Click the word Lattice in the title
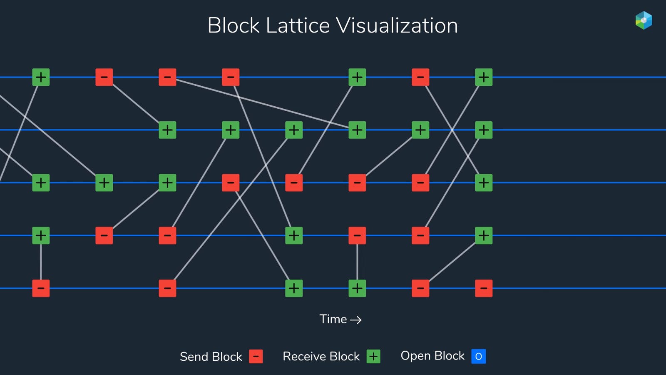pos(297,26)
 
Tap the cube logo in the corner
pos(644,20)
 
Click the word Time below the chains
pos(333,319)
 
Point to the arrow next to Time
pos(356,320)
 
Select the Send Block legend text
pos(211,357)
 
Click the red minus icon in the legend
pos(256,356)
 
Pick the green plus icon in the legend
pos(373,356)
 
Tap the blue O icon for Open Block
pos(478,356)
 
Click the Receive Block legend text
pos(321,356)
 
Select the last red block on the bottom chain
pos(484,288)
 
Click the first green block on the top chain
pos(41,77)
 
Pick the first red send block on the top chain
pos(104,77)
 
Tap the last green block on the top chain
pos(484,77)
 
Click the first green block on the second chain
pos(167,130)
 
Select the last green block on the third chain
pos(484,182)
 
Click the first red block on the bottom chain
pos(41,288)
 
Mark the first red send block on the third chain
pos(231,182)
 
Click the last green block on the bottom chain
pos(357,288)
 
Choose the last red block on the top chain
pos(420,77)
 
